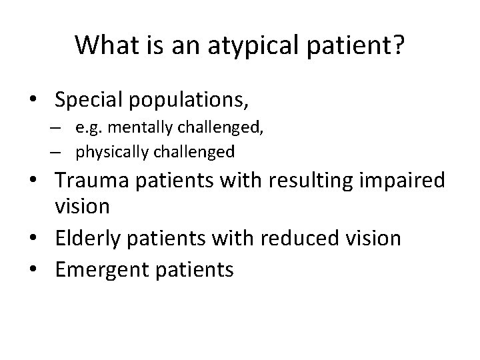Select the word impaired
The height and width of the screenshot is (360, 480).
pos(400,180)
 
